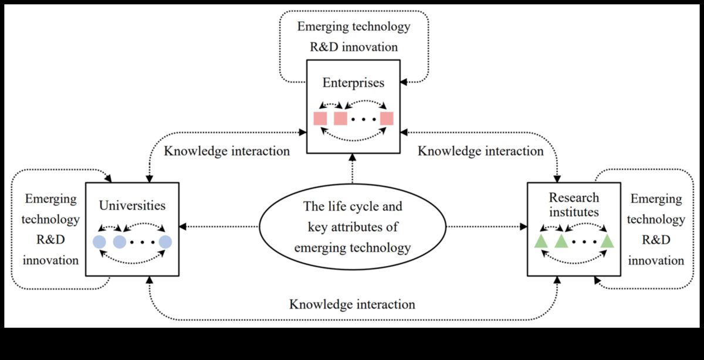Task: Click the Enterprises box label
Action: (353, 83)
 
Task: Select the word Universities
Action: (132, 206)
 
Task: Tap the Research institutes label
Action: (574, 205)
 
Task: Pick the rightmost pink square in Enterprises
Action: (386, 118)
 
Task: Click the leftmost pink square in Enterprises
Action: (320, 118)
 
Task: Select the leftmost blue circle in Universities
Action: (99, 242)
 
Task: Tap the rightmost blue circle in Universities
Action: (165, 242)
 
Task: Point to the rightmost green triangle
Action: (607, 241)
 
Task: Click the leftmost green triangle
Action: (541, 241)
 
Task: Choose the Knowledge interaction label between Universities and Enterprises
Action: (226, 151)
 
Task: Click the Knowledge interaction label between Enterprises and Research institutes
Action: (480, 151)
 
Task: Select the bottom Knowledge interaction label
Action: (352, 305)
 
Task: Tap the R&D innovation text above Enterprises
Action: (354, 46)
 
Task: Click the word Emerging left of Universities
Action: (50, 199)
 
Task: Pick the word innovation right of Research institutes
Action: (656, 260)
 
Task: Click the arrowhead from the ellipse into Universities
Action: (184, 226)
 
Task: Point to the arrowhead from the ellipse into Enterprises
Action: (353, 158)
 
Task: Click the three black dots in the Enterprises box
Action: (364, 119)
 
